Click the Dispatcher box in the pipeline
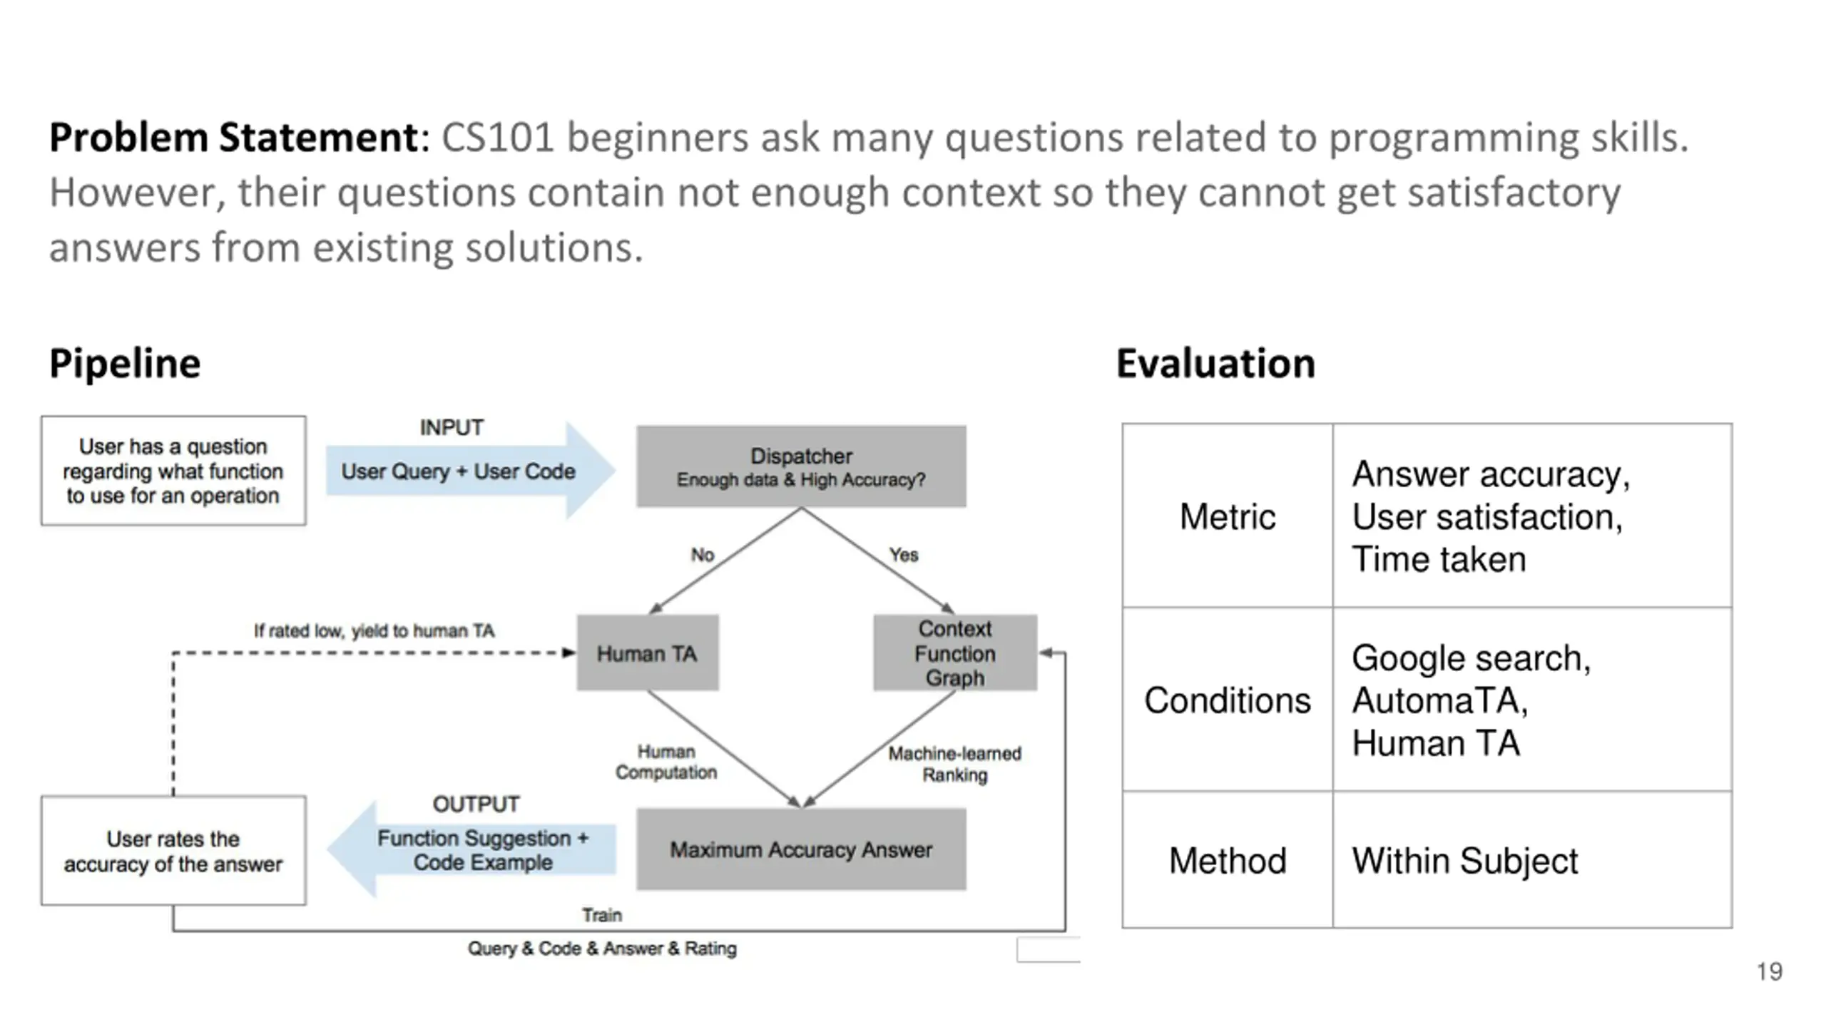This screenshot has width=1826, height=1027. tap(801, 466)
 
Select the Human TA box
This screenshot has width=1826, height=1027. tap(648, 653)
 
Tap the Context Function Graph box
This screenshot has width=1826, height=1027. tap(955, 653)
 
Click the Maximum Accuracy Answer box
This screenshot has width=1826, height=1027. tap(801, 849)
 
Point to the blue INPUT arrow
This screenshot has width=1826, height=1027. tap(470, 471)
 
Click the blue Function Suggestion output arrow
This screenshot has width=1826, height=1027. tap(471, 849)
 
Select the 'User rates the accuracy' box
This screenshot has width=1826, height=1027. tap(173, 850)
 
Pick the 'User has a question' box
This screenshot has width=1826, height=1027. tap(173, 471)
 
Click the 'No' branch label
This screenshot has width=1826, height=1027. tap(703, 554)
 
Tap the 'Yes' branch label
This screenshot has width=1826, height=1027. tap(904, 554)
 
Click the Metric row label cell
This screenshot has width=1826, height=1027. tap(1228, 516)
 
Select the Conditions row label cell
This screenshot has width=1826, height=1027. tap(1228, 700)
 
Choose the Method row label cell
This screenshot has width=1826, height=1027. tap(1228, 859)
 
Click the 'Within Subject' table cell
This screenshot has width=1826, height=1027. tap(1532, 859)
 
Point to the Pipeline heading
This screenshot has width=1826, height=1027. tap(125, 363)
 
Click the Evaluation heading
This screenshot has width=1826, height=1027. tap(1215, 363)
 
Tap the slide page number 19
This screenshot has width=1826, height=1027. tap(1770, 971)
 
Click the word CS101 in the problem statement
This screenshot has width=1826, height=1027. tap(497, 137)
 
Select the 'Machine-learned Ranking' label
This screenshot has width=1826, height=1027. tap(955, 764)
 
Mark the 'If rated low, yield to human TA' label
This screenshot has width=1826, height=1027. tap(374, 630)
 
